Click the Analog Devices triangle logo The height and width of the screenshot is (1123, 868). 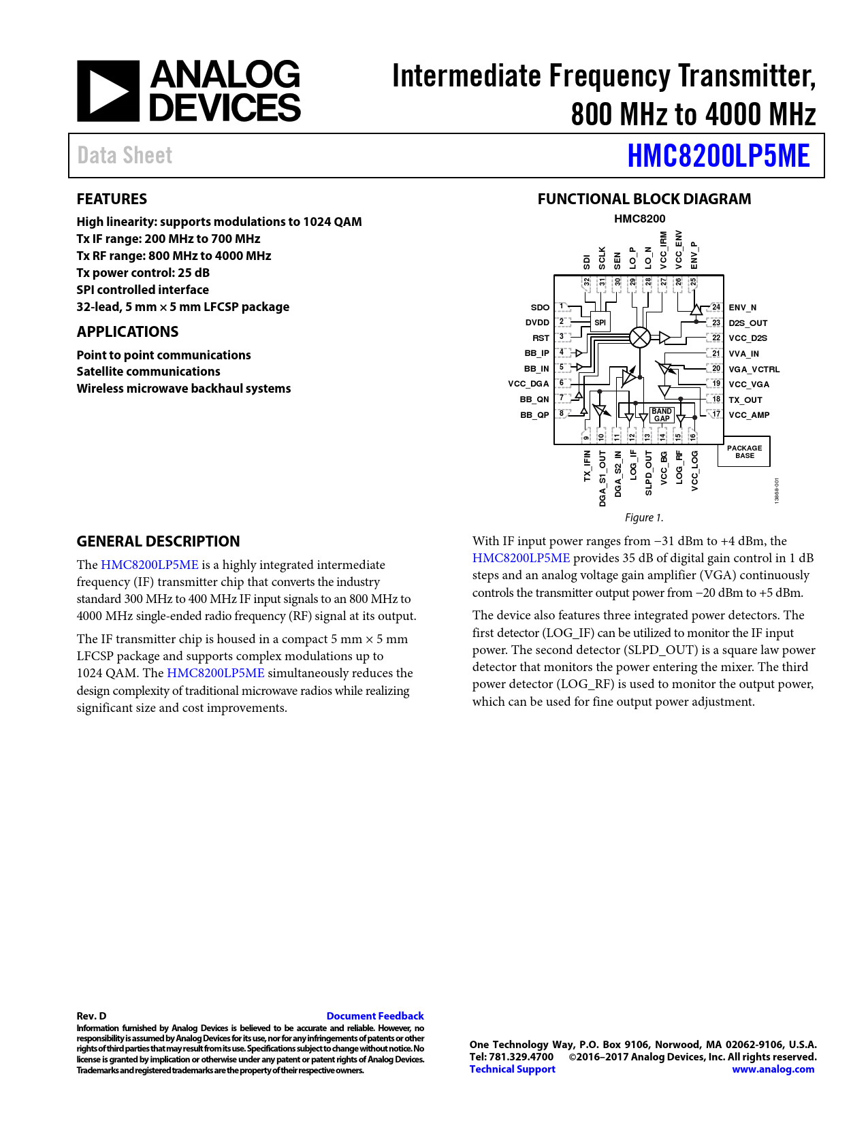[x=108, y=91]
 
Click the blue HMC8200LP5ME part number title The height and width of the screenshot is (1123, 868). [x=718, y=156]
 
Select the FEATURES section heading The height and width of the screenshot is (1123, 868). [x=112, y=199]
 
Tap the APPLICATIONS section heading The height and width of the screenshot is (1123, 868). [x=127, y=331]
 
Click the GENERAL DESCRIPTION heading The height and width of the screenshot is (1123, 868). [x=158, y=541]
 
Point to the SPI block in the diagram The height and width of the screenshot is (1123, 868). [x=600, y=323]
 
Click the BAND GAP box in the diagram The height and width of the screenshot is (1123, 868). [x=662, y=414]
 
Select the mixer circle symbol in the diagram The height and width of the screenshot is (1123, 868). [x=640, y=337]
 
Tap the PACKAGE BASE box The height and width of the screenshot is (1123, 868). [x=744, y=452]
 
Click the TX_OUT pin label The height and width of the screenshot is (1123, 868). [x=745, y=400]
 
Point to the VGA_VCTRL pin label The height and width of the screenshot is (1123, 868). [x=754, y=369]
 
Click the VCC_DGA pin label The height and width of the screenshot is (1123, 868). [x=528, y=384]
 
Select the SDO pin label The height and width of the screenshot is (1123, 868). [x=540, y=307]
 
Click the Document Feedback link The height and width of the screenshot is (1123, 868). [x=375, y=1015]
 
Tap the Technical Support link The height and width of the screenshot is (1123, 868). [x=512, y=1069]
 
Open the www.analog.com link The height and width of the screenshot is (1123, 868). [x=773, y=1069]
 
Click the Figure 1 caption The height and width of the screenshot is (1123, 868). [x=644, y=518]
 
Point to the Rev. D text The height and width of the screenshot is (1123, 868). [x=92, y=1015]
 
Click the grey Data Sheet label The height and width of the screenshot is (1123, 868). [x=125, y=156]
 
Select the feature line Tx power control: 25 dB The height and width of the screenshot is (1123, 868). [x=143, y=273]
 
